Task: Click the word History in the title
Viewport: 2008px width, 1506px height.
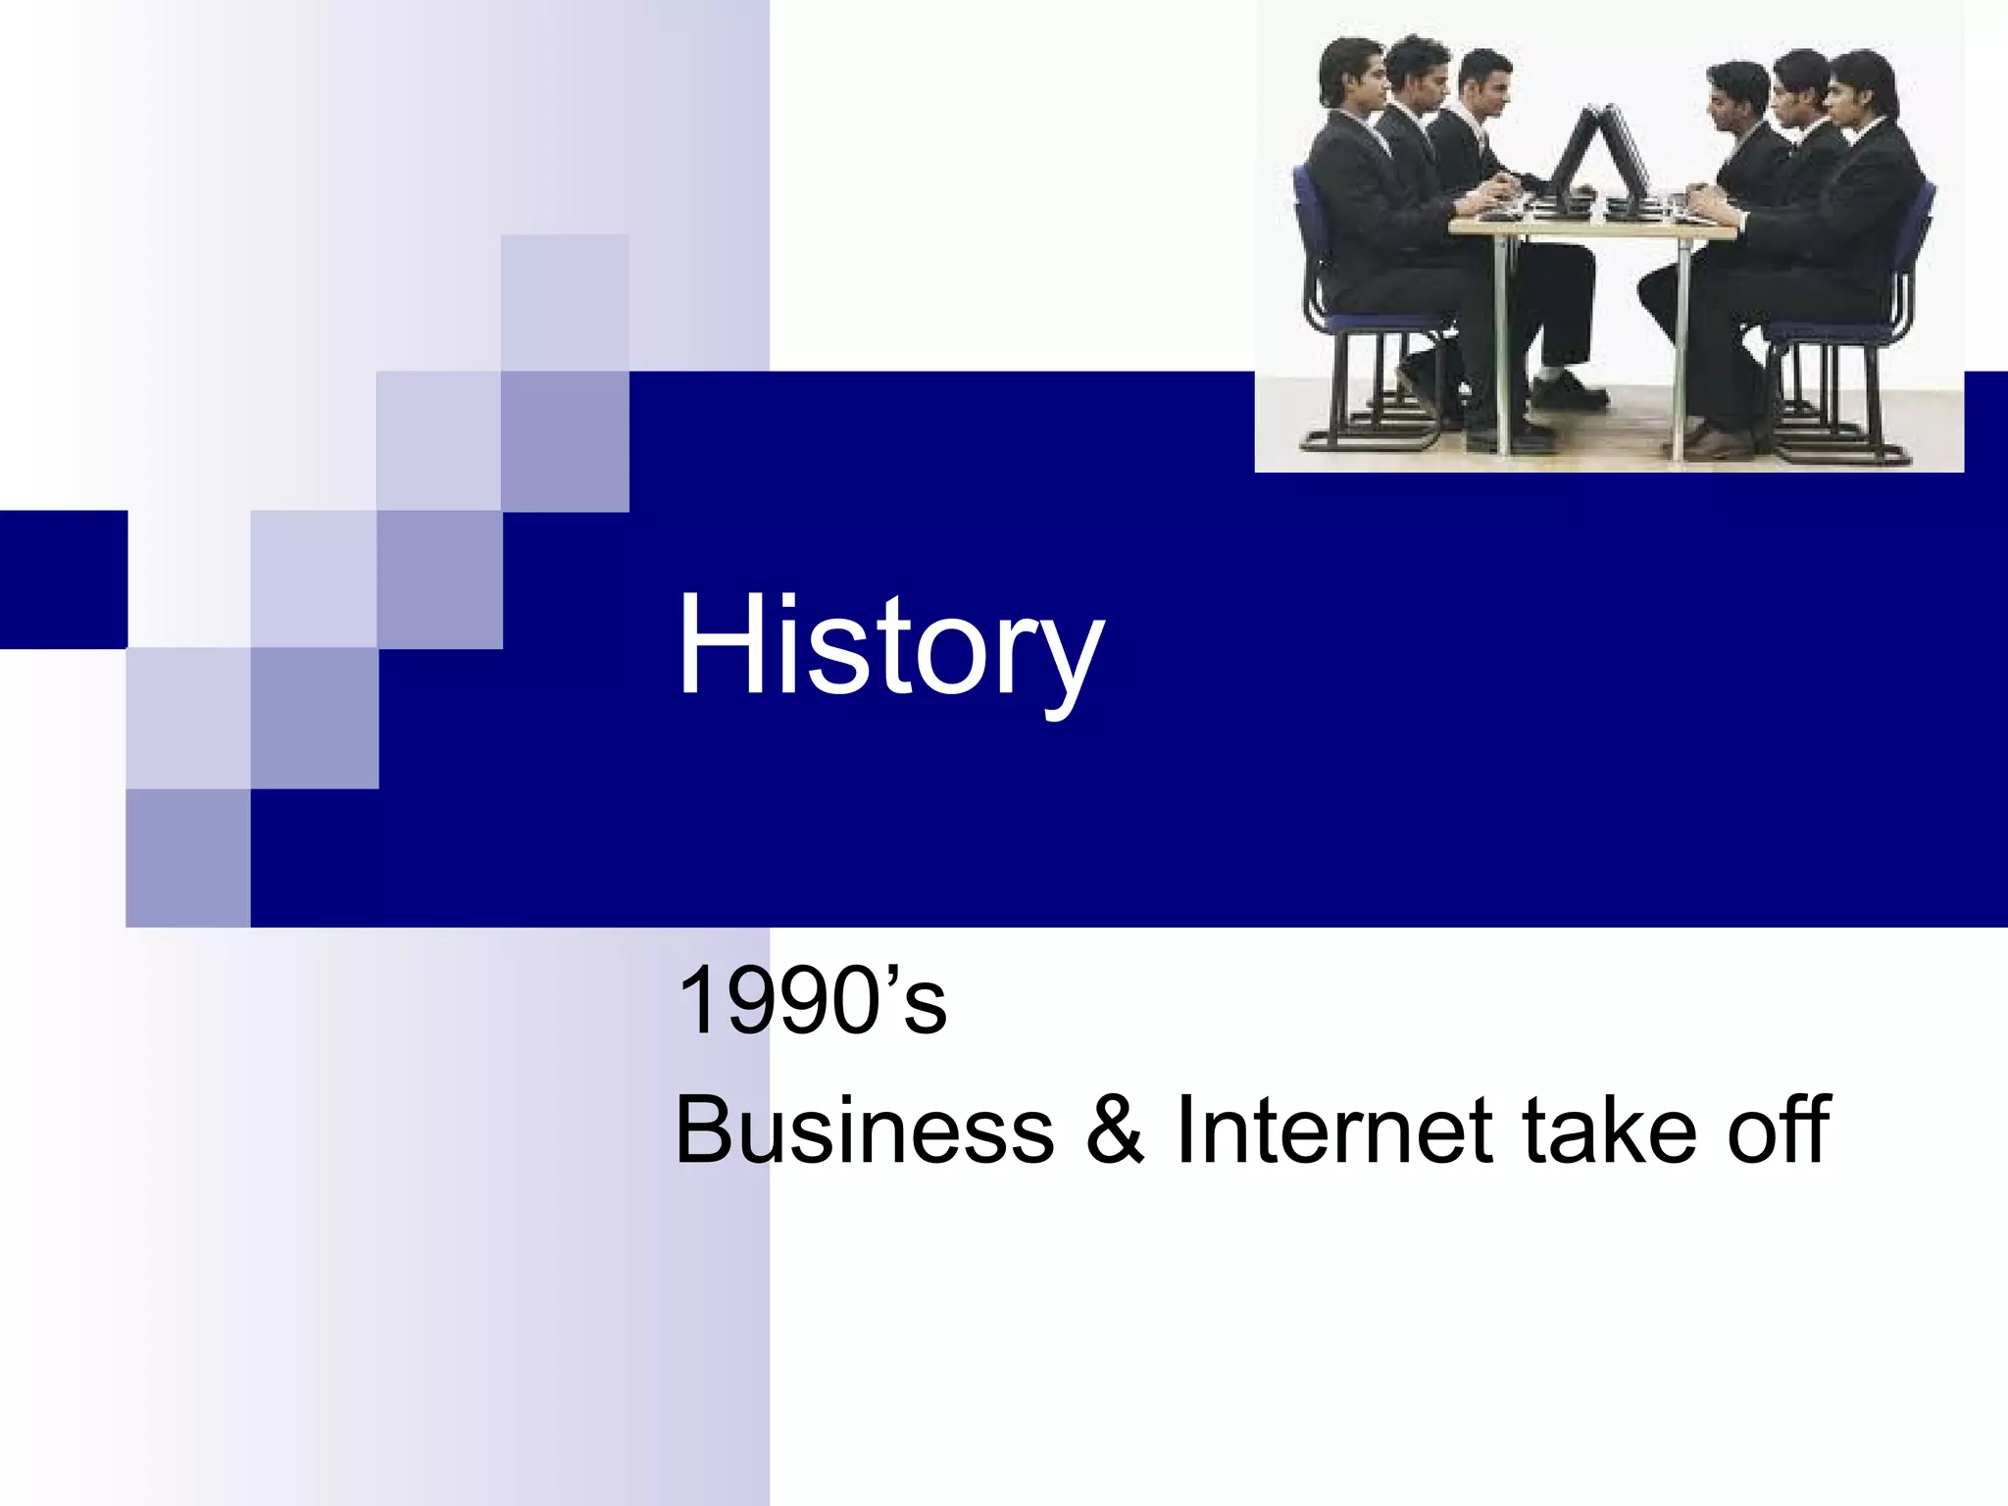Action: click(x=890, y=647)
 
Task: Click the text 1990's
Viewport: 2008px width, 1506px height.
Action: click(x=812, y=1002)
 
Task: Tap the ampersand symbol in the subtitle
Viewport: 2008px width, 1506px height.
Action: click(x=1116, y=1131)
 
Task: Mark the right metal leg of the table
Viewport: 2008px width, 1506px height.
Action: click(x=1681, y=343)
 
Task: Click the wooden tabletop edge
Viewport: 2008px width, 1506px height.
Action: click(x=1588, y=226)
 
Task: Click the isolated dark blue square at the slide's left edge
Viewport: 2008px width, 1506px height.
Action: click(x=63, y=578)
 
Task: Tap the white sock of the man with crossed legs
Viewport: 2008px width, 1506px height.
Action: click(x=1548, y=377)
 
